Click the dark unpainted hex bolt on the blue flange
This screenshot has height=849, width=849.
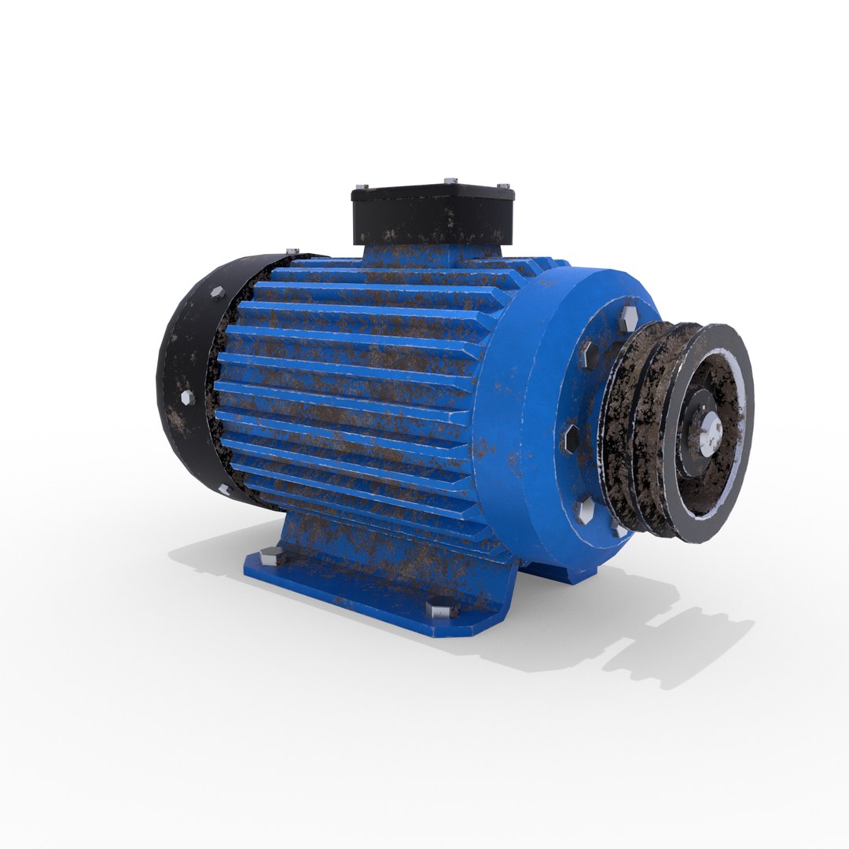tap(571, 437)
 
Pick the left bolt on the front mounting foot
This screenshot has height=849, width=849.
tap(270, 555)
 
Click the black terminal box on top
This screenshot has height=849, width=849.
tap(432, 215)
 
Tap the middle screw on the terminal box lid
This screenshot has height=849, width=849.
tap(450, 180)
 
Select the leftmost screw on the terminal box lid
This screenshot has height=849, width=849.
tap(362, 186)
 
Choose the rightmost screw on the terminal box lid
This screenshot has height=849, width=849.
tap(501, 186)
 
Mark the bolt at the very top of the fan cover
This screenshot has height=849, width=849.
tap(292, 251)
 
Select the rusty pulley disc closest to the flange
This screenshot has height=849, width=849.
tap(621, 424)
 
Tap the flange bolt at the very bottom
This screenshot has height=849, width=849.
tap(621, 531)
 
